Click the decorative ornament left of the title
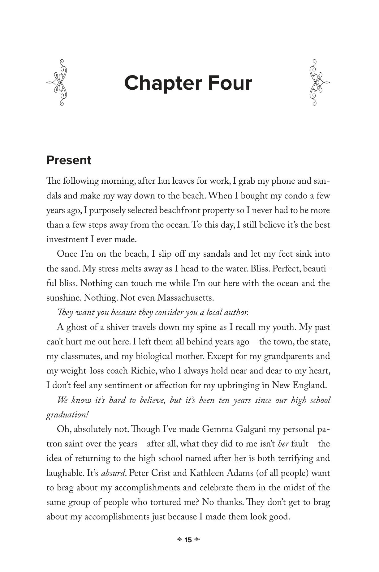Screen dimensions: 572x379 (57, 82)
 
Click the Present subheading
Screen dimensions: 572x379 (69, 160)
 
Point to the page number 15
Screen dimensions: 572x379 (188, 540)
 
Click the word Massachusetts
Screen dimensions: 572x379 (185, 298)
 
